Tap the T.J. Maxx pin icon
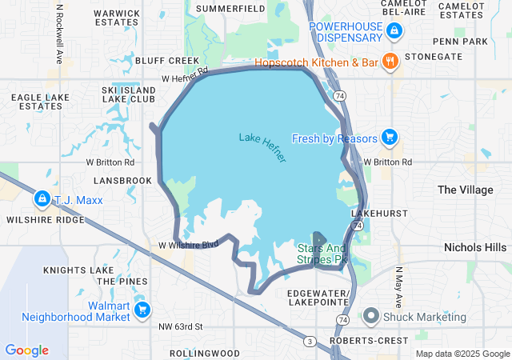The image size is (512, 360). point(41,198)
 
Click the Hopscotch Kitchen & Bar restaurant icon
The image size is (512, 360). point(390,61)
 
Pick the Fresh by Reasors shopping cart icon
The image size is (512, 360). point(389,138)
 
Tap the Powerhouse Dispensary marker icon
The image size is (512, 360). point(394,31)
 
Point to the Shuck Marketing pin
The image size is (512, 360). point(370,316)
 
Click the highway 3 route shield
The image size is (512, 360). point(309,342)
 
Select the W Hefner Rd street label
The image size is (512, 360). point(185,74)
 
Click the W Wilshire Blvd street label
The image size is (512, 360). point(189,245)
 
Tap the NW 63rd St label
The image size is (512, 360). point(181,326)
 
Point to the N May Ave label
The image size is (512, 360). point(398,287)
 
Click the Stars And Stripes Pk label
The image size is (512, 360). point(322,254)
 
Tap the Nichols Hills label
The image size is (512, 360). point(475,247)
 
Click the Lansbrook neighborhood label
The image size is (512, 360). point(123,181)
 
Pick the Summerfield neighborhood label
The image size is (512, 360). point(230,8)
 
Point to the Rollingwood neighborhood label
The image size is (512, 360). point(205,353)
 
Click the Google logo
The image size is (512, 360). point(26,350)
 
